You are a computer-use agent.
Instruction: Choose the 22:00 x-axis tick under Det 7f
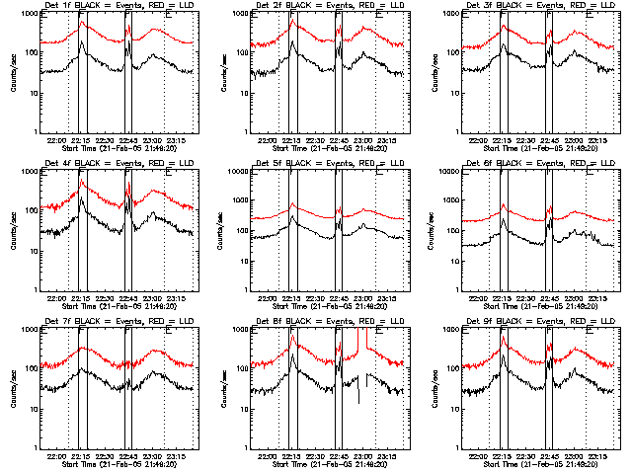click(56, 457)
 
